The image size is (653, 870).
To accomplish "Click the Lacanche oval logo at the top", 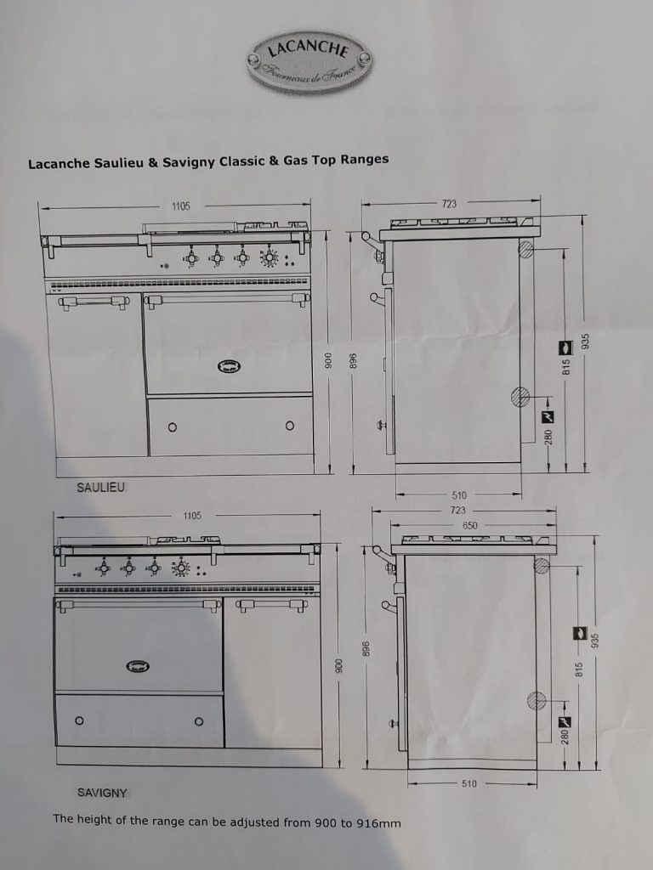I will point(309,59).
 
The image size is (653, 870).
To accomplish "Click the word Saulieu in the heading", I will point(116,161).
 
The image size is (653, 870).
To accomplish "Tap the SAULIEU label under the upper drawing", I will point(100,488).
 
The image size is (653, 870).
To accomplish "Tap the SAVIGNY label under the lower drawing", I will point(102,793).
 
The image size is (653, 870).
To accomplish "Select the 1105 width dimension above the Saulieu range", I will point(180,206).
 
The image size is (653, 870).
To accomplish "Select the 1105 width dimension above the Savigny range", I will point(192,516).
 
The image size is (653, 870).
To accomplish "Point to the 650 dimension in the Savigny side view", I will point(470,526).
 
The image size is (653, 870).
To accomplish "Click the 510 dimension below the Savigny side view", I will point(469,784).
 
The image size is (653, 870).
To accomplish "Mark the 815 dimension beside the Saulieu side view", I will point(565,366).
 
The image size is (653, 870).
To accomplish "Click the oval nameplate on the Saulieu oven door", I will point(227,366).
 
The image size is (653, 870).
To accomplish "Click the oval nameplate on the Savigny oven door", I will point(137,666).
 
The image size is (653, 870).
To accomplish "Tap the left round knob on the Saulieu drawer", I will point(173,427).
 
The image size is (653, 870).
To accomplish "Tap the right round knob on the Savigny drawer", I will point(199,721).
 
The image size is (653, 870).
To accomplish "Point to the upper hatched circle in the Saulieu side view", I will point(525,249).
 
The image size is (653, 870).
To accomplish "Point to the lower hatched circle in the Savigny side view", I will point(536,700).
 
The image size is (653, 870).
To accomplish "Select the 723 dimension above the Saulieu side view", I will point(449,204).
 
